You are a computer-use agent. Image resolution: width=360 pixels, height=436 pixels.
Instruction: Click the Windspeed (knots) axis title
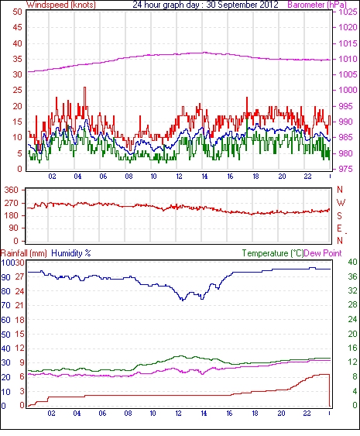pyautogui.click(x=61, y=5)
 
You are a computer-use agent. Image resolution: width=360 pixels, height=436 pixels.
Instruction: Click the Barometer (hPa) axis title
pyautogui.click(x=317, y=5)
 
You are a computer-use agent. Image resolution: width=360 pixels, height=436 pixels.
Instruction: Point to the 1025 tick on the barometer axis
pyautogui.click(x=348, y=12)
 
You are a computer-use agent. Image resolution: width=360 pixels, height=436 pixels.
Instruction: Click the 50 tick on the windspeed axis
pyautogui.click(x=17, y=12)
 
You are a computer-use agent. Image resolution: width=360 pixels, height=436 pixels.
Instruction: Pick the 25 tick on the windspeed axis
pyautogui.click(x=17, y=90)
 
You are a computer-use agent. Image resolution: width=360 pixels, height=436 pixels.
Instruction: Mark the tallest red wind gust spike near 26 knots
pyautogui.click(x=85, y=88)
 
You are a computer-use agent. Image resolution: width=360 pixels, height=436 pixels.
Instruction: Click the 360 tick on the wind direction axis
pyautogui.click(x=12, y=190)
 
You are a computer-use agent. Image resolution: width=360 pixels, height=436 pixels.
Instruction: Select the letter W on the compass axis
pyautogui.click(x=341, y=202)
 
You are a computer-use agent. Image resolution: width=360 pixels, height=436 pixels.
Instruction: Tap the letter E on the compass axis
pyautogui.click(x=339, y=228)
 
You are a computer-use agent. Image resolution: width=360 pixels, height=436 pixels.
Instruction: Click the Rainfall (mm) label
pyautogui.click(x=24, y=253)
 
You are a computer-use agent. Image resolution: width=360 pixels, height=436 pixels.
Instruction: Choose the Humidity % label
pyautogui.click(x=71, y=253)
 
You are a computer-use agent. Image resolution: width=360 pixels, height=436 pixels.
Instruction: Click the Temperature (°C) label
pyautogui.click(x=273, y=253)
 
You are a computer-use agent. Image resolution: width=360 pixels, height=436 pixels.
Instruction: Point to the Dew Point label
pyautogui.click(x=323, y=253)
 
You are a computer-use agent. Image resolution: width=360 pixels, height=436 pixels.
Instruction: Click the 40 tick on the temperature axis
pyautogui.click(x=352, y=262)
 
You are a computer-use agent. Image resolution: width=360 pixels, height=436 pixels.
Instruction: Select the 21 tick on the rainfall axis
pyautogui.click(x=19, y=305)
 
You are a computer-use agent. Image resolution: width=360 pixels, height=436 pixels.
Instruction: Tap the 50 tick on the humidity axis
pyautogui.click(x=5, y=335)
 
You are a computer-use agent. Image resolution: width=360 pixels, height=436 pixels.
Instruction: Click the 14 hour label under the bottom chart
pyautogui.click(x=204, y=414)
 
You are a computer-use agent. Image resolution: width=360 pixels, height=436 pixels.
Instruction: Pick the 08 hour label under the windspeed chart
pyautogui.click(x=129, y=177)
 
